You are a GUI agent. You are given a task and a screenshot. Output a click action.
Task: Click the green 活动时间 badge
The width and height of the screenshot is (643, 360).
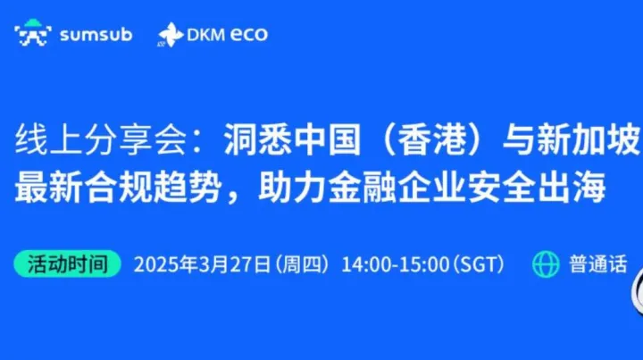[67, 264]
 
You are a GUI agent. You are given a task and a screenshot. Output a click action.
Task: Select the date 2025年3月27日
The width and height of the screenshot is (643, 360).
[201, 265]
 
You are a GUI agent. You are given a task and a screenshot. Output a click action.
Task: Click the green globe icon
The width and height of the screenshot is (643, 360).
[545, 264]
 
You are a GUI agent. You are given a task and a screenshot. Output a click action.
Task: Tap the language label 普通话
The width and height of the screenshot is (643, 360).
[597, 264]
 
